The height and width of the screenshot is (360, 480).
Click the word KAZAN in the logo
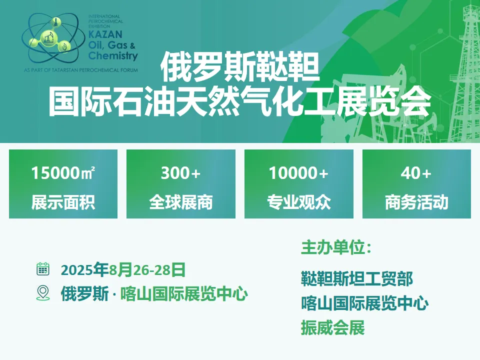(105, 34)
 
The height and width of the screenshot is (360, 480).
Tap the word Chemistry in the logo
(113, 56)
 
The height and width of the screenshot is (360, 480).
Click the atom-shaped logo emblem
(52, 38)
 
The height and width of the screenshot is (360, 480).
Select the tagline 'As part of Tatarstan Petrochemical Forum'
(81, 70)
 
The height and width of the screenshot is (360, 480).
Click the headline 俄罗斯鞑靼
(240, 66)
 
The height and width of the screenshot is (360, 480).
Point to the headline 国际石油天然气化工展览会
(240, 100)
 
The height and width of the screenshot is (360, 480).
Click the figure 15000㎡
(63, 172)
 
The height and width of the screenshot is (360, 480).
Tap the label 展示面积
(63, 202)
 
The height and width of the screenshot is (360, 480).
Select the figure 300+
(180, 172)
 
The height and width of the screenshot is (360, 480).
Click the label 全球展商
(181, 202)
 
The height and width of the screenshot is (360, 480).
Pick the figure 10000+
(298, 172)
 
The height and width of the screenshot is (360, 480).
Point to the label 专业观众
(299, 202)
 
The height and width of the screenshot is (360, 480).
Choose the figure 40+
(416, 172)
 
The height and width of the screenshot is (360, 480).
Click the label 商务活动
(416, 202)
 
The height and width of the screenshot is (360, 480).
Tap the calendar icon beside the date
(43, 269)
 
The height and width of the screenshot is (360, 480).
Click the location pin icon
(43, 293)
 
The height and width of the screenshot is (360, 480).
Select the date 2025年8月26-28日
(123, 269)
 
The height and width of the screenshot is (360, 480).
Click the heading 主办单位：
(336, 247)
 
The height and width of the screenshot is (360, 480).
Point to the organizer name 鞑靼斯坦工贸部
(357, 278)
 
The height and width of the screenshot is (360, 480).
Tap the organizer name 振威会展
(333, 327)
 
